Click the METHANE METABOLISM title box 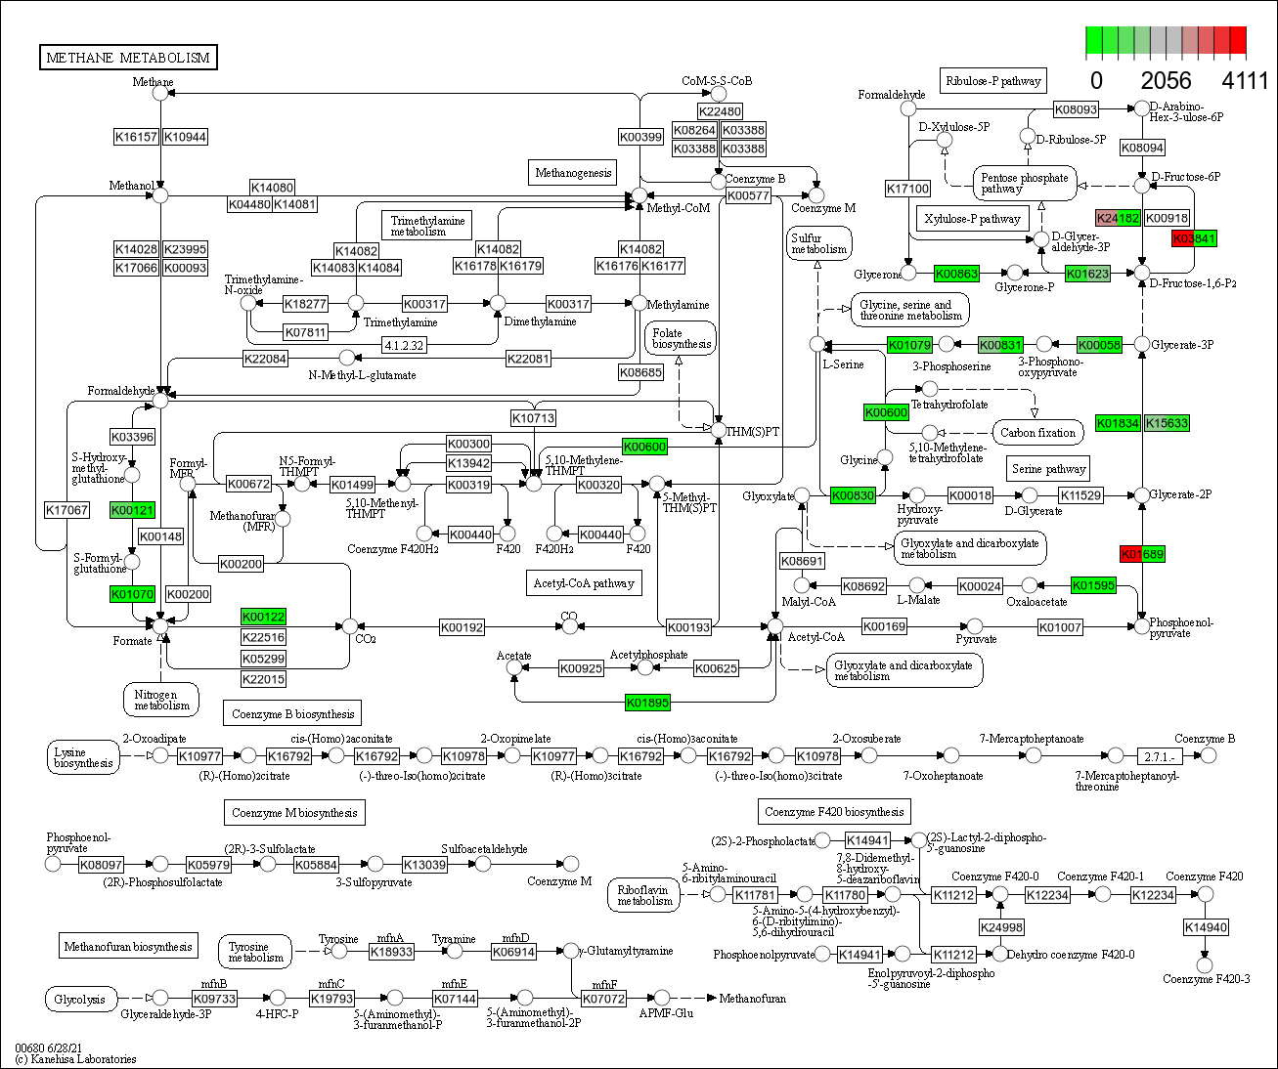tap(128, 58)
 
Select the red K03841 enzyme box tap(1194, 238)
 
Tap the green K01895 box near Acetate tap(647, 703)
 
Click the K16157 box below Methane tap(136, 137)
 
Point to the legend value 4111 tap(1246, 81)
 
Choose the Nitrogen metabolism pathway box tap(161, 700)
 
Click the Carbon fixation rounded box tap(1037, 432)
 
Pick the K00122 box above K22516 tap(263, 617)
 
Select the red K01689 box tap(1142, 554)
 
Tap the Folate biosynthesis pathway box tap(681, 339)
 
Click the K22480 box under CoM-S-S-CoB tap(720, 111)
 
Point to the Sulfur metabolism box tap(818, 243)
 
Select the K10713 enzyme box tap(533, 418)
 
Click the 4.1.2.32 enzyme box tap(404, 345)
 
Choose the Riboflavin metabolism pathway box tap(644, 895)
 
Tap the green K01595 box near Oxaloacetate tap(1093, 585)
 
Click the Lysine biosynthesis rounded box tap(83, 757)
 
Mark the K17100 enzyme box tap(907, 188)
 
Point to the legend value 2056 tap(1166, 81)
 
